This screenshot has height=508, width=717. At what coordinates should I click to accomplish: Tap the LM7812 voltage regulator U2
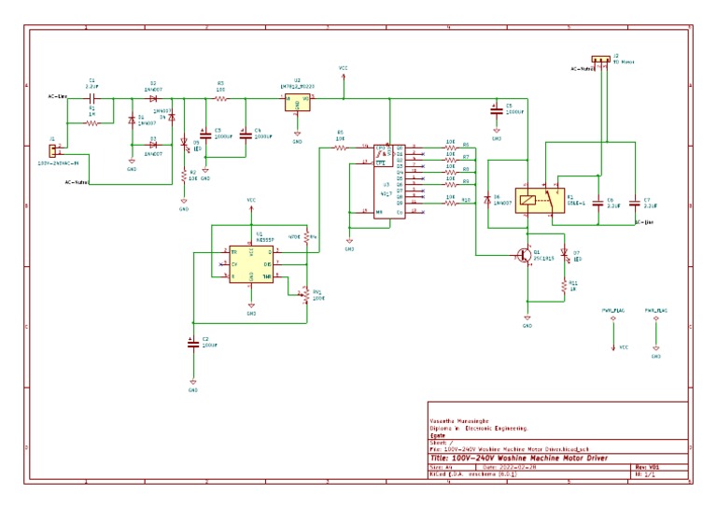click(297, 101)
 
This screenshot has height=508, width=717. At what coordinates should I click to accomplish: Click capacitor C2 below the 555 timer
click(191, 342)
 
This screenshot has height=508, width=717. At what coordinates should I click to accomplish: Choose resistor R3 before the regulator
click(220, 97)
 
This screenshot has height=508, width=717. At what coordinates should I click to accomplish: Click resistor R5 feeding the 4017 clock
click(341, 148)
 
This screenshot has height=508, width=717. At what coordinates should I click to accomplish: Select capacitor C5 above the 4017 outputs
click(497, 109)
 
